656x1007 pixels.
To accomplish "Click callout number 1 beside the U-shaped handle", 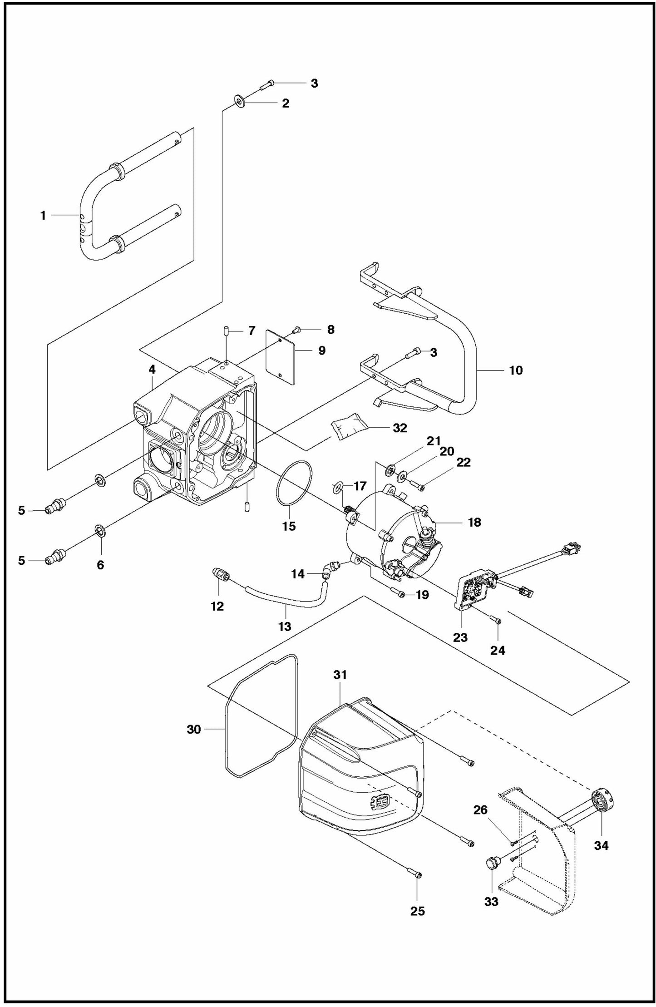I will coord(43,215).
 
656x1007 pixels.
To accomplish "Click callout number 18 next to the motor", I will coord(474,522).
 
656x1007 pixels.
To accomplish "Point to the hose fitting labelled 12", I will coord(221,574).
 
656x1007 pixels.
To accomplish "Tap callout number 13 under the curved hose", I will coord(285,626).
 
